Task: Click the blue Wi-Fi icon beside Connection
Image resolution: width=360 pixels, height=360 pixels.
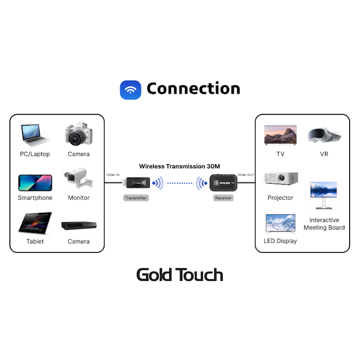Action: click(x=130, y=90)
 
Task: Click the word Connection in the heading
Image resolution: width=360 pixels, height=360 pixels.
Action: click(x=193, y=89)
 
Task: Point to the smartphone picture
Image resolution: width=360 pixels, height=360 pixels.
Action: click(x=35, y=183)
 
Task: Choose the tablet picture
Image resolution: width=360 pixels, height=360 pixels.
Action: click(x=35, y=223)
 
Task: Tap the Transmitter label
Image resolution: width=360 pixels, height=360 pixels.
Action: click(x=136, y=198)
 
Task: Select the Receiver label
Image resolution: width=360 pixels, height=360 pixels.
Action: click(x=223, y=198)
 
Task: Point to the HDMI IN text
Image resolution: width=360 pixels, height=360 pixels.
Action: click(x=113, y=175)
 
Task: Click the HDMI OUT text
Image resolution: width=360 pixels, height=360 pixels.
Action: click(x=246, y=175)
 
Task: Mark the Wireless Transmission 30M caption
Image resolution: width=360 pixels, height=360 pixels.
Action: click(x=180, y=166)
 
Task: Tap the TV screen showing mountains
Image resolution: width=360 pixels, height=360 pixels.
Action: click(x=280, y=135)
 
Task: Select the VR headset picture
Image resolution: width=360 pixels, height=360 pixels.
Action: click(x=324, y=135)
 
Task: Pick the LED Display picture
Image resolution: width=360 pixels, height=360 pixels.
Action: click(x=280, y=223)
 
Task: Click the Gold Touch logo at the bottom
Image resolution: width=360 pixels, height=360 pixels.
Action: click(x=180, y=274)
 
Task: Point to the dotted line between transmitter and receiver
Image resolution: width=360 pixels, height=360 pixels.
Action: click(x=180, y=183)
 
